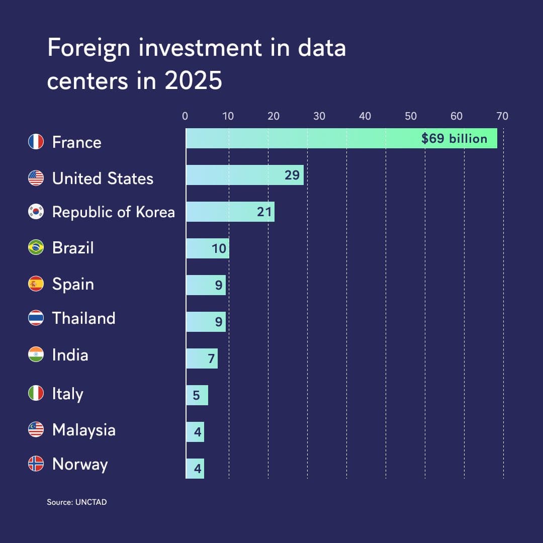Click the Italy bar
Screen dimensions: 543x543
197,395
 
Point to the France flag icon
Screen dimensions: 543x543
36,142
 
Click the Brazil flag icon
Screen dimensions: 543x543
36,247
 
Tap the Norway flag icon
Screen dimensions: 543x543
36,464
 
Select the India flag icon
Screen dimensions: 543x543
36,354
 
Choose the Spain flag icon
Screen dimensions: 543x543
36,284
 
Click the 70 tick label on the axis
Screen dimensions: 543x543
502,116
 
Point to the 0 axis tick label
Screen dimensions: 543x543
185,116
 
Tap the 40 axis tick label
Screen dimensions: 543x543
365,116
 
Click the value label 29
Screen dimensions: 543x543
292,175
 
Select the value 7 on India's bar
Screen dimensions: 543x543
211,359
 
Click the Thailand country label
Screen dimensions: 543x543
84,318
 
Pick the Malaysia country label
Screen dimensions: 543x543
84,430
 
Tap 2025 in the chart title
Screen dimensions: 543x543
193,80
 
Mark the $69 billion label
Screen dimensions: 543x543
455,139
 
